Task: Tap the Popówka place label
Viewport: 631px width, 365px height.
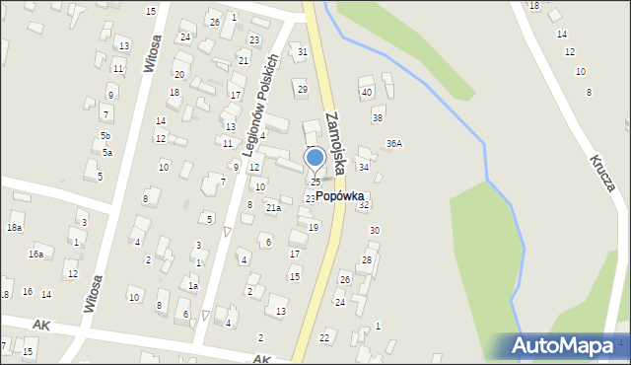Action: click(x=340, y=196)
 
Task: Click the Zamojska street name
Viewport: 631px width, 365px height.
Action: click(x=333, y=142)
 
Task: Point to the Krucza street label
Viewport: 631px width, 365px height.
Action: click(x=603, y=172)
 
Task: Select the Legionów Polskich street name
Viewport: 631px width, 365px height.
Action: click(x=263, y=102)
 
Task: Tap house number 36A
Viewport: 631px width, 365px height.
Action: click(x=394, y=143)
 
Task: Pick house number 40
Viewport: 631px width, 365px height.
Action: click(x=366, y=92)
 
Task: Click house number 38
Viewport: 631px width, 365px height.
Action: click(x=377, y=118)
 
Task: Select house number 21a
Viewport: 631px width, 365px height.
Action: click(x=273, y=207)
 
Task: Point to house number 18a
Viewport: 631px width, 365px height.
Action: click(x=14, y=228)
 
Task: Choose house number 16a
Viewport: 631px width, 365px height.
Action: click(x=35, y=255)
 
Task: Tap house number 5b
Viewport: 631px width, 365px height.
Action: click(x=105, y=135)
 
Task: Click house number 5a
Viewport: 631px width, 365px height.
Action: click(x=106, y=153)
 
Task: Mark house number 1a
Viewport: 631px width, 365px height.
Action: click(x=193, y=286)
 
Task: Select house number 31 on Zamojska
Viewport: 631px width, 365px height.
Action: click(x=303, y=51)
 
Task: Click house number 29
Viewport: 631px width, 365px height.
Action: click(x=302, y=90)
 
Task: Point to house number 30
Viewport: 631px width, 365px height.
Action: click(x=374, y=230)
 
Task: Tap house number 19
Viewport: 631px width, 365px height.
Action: click(x=314, y=227)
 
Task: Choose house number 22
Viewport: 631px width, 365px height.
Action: click(x=324, y=337)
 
